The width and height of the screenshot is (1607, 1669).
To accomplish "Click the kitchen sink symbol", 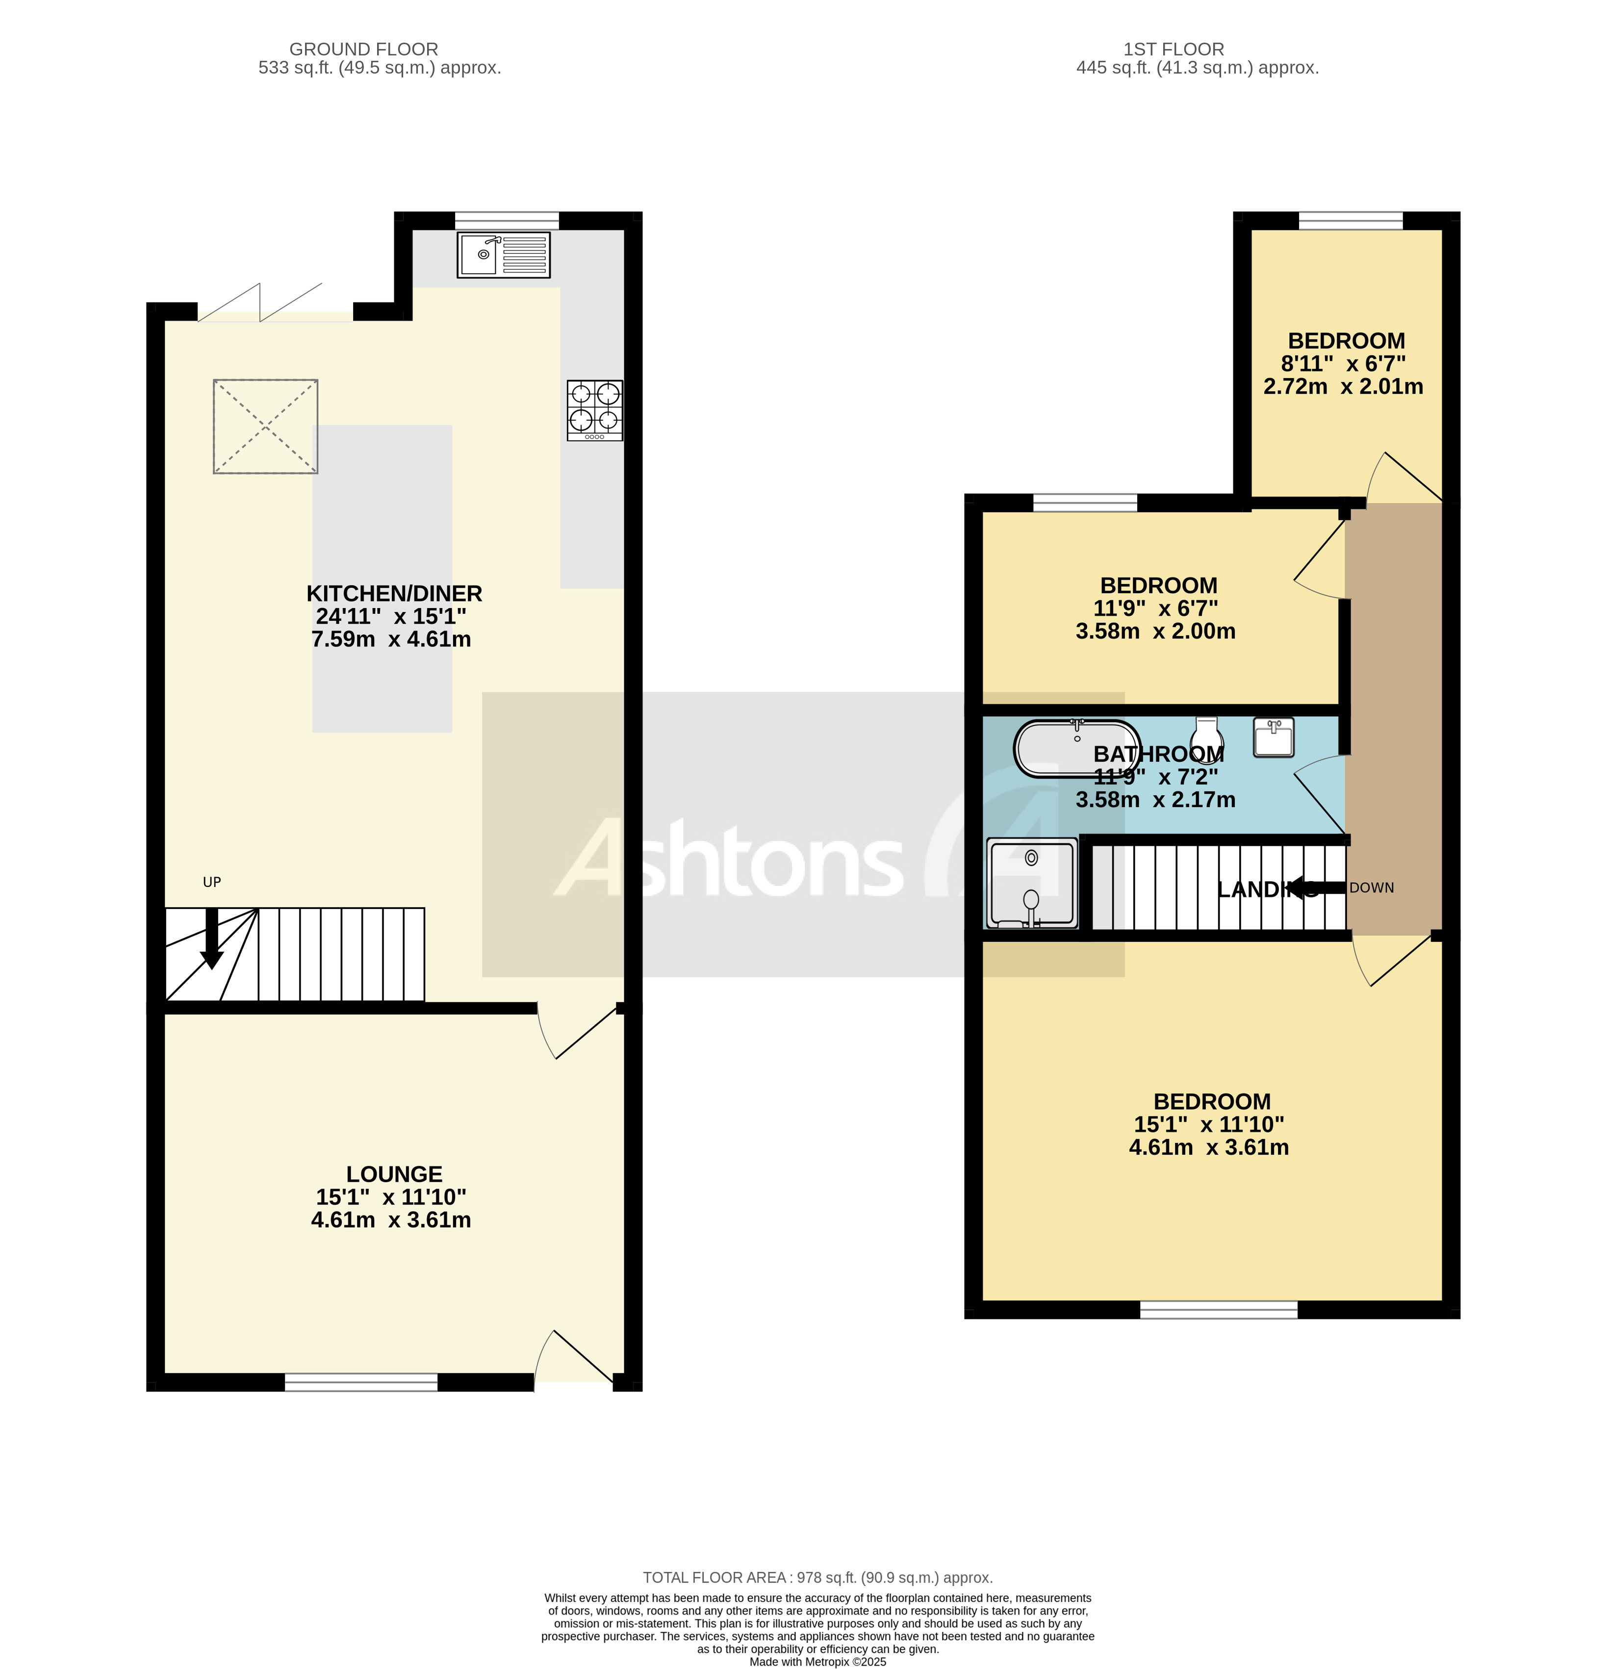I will coord(503,254).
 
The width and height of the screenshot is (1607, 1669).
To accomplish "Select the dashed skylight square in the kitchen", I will coord(265,426).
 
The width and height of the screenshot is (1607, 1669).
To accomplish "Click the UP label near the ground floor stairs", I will coord(211,882).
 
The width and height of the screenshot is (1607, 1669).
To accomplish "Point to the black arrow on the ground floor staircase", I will coord(211,938).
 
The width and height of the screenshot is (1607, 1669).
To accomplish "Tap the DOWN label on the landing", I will coord(1371,887).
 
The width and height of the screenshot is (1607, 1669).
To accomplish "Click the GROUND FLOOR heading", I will coord(364,50).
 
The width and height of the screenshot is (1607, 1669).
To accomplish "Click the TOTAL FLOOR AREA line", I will coord(817,1578).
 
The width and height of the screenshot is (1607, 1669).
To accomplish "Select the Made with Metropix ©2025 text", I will coord(817,1661).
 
